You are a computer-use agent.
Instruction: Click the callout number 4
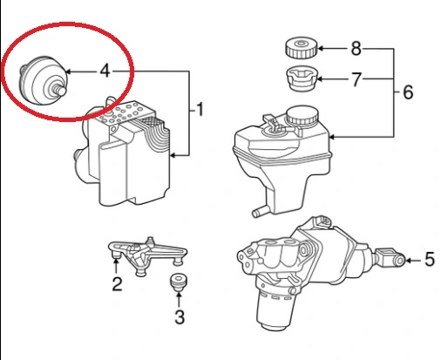tap(105, 71)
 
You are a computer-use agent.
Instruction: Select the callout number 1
tap(200, 110)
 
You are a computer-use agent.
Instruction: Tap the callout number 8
tap(356, 49)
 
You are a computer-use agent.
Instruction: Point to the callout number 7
tap(356, 79)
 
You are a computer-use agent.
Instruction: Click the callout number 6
tap(408, 92)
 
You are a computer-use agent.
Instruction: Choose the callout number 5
tap(430, 259)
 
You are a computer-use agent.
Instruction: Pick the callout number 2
tap(117, 284)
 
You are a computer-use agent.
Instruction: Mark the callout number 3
tap(180, 317)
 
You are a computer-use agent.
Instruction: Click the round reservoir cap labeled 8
tap(302, 47)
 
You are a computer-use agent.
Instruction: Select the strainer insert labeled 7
tap(302, 78)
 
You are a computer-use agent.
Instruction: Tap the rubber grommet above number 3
tap(178, 282)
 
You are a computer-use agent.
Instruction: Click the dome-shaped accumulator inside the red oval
tap(43, 80)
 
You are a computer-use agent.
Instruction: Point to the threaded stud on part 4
tap(59, 89)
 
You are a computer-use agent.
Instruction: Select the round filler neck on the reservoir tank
tap(302, 116)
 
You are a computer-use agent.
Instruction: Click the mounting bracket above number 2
tap(147, 255)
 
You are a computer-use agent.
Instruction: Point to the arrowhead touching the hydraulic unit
tap(173, 155)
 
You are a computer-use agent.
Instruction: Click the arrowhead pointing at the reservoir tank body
tap(332, 137)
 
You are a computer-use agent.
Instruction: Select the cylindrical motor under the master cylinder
tap(275, 309)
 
